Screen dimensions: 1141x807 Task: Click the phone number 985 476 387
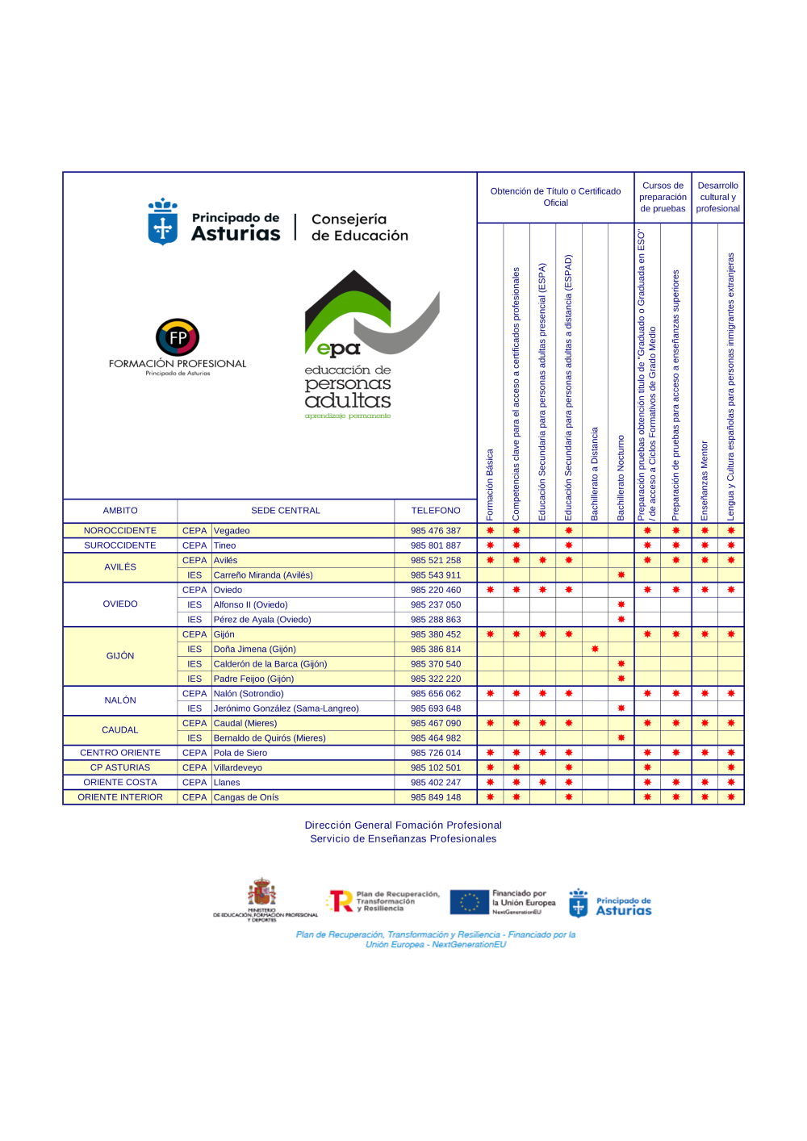[435, 531]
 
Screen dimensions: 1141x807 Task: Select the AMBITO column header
[120, 511]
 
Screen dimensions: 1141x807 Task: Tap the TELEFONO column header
[436, 511]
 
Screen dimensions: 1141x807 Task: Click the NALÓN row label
[120, 700]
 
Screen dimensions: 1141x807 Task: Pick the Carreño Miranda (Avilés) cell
[263, 575]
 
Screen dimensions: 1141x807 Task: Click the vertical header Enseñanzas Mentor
[705, 480]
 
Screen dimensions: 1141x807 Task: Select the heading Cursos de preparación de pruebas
[663, 197]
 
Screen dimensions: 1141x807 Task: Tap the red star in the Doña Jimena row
[595, 649]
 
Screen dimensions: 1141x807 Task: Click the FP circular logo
[178, 337]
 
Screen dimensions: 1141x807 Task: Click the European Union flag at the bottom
[469, 902]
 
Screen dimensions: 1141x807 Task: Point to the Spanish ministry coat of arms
[261, 893]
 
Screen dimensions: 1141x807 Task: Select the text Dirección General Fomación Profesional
[403, 825]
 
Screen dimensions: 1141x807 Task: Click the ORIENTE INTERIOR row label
[120, 797]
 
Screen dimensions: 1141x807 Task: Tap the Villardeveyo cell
[238, 767]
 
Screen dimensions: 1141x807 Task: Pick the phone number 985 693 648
[435, 708]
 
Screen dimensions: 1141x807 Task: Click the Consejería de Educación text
[359, 228]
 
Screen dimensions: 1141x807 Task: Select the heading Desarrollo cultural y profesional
[717, 197]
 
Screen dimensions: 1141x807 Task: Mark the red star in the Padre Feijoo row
[621, 679]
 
